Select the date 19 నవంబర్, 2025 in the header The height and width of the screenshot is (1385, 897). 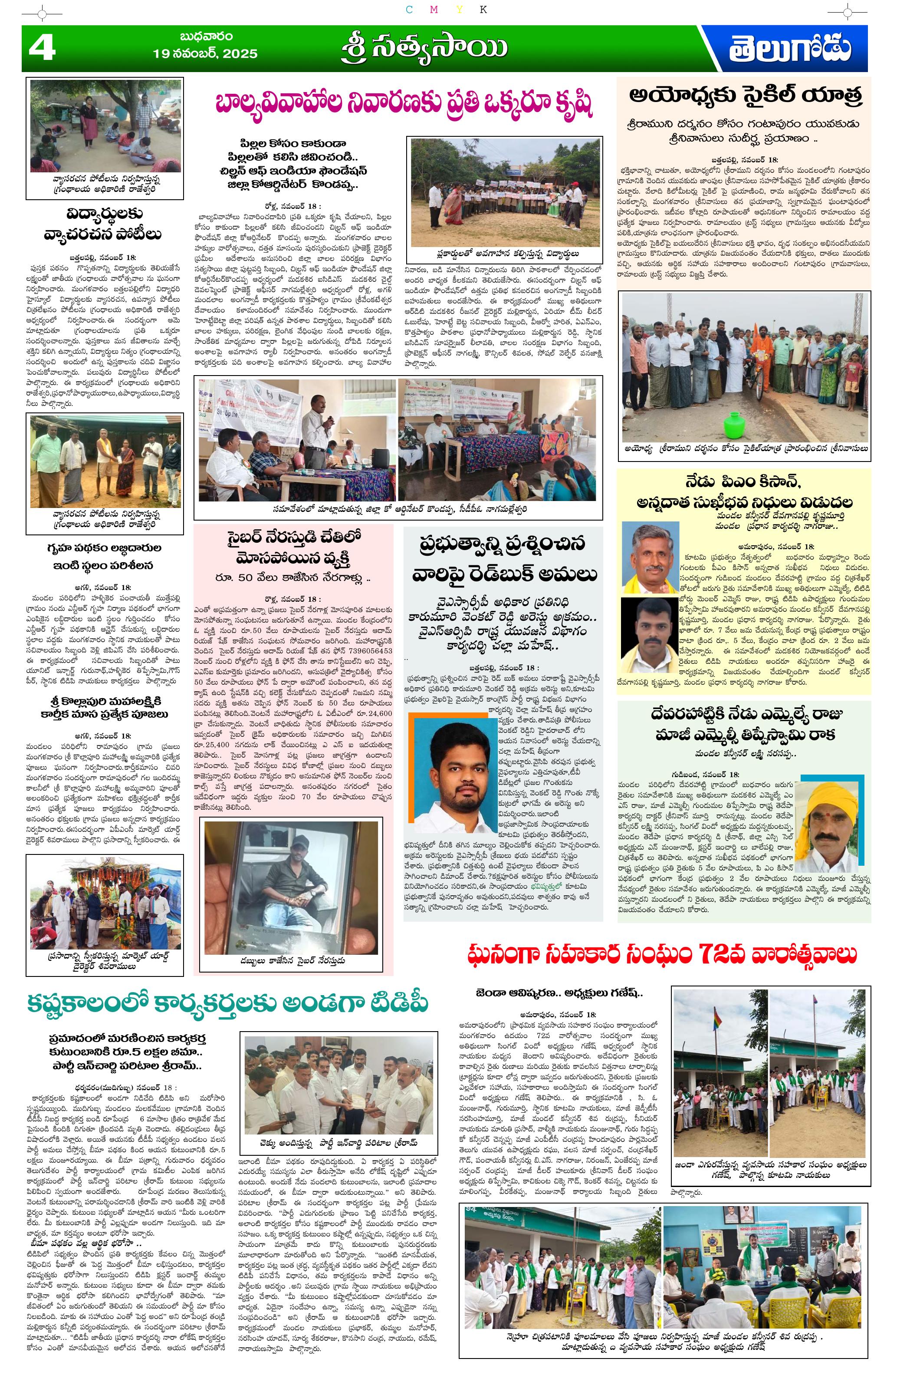(205, 53)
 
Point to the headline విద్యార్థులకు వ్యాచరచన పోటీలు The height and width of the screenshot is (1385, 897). (103, 224)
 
